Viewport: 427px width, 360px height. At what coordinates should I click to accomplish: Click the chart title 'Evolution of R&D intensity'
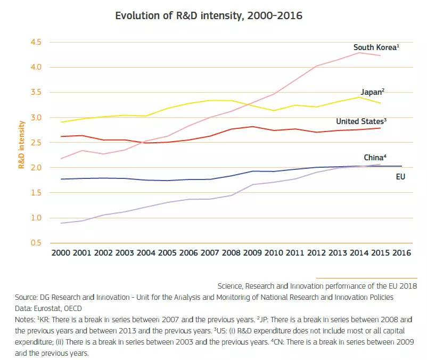(x=209, y=15)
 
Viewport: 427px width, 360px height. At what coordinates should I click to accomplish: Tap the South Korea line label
(x=376, y=47)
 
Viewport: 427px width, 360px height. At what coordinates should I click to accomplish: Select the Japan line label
(x=372, y=92)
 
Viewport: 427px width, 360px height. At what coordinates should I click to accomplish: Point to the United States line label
(x=360, y=121)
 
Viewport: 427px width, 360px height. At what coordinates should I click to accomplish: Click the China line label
(x=375, y=158)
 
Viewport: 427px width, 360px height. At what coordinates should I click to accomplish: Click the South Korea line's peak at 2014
(x=358, y=53)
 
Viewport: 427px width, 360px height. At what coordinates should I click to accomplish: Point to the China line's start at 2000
(x=62, y=223)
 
